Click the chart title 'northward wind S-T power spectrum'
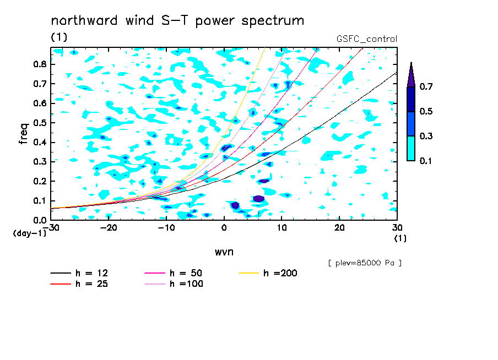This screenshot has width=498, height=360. pyautogui.click(x=177, y=21)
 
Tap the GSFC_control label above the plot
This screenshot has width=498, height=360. pyautogui.click(x=367, y=39)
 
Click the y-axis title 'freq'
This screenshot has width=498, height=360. pyautogui.click(x=24, y=134)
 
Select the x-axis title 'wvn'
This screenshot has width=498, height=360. pyautogui.click(x=224, y=252)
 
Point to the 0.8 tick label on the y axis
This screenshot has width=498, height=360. pyautogui.click(x=40, y=64)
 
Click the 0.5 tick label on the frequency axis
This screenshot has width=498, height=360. pyautogui.click(x=40, y=123)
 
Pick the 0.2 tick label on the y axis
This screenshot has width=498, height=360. pyautogui.click(x=40, y=181)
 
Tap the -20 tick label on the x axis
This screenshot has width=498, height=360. pyautogui.click(x=109, y=228)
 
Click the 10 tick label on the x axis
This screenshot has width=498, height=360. pyautogui.click(x=282, y=228)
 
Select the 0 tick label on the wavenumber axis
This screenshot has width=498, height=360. pyautogui.click(x=224, y=228)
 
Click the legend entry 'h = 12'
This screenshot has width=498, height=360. pyautogui.click(x=79, y=273)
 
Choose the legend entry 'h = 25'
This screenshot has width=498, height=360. pyautogui.click(x=79, y=284)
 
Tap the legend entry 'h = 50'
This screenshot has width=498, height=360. pyautogui.click(x=174, y=273)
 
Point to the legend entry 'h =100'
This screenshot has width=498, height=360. pyautogui.click(x=174, y=284)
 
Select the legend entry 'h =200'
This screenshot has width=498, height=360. pyautogui.click(x=268, y=273)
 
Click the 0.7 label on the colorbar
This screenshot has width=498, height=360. pyautogui.click(x=426, y=86)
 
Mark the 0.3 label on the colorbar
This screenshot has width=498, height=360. pyautogui.click(x=426, y=136)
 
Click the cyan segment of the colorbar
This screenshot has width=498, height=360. pyautogui.click(x=411, y=149)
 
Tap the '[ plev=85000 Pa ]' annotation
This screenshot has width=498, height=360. pyautogui.click(x=365, y=263)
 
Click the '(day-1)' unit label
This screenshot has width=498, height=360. pyautogui.click(x=30, y=233)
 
